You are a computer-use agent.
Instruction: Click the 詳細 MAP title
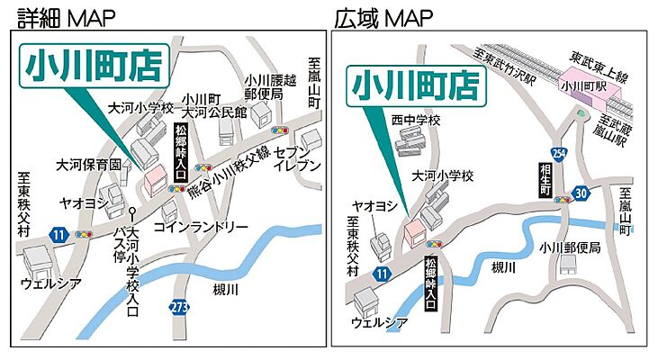point(61,16)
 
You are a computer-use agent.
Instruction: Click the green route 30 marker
point(581,192)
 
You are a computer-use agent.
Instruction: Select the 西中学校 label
point(415,120)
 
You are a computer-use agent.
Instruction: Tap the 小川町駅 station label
point(578,87)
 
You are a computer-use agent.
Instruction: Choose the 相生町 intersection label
point(544,180)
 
